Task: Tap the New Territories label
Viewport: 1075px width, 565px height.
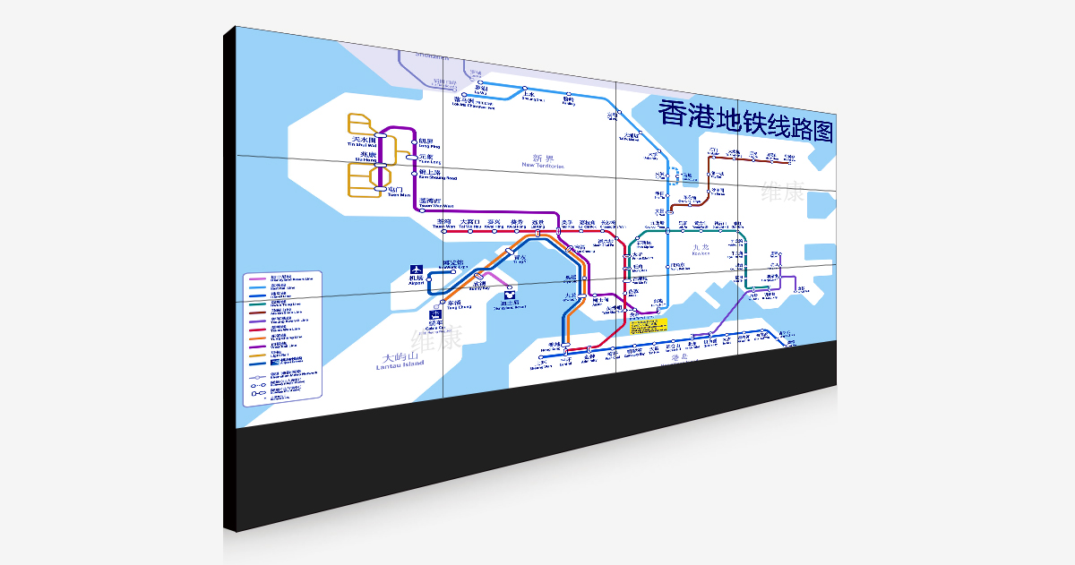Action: pyautogui.click(x=543, y=161)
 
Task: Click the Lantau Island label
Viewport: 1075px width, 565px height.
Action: pyautogui.click(x=399, y=361)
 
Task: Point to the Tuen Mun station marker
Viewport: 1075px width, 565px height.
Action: pyautogui.click(x=381, y=190)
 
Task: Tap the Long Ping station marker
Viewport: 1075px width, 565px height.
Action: pyautogui.click(x=414, y=141)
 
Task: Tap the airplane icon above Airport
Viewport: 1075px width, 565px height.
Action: pyautogui.click(x=416, y=269)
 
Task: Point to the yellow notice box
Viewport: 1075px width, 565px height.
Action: pyautogui.click(x=649, y=325)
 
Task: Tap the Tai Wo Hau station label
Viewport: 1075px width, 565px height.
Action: pyautogui.click(x=470, y=223)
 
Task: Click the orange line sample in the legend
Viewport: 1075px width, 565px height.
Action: pyautogui.click(x=258, y=337)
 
